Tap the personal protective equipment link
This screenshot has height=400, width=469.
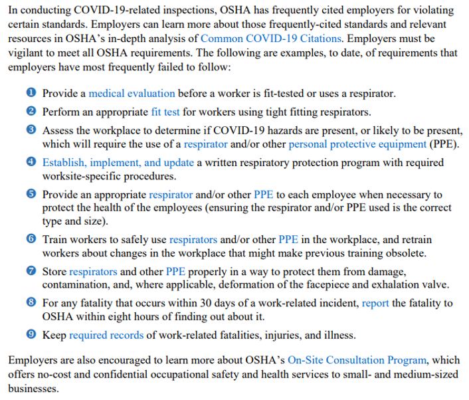pos(357,144)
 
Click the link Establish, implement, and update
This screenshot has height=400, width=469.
pos(118,162)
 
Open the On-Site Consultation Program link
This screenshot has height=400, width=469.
pos(357,360)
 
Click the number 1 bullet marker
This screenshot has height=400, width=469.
pos(31,94)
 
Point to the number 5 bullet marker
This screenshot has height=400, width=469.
pos(31,195)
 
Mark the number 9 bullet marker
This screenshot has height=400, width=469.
pos(31,335)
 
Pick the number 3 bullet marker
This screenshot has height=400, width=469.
pos(31,130)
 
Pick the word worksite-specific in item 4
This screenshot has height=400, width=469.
pos(84,176)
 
